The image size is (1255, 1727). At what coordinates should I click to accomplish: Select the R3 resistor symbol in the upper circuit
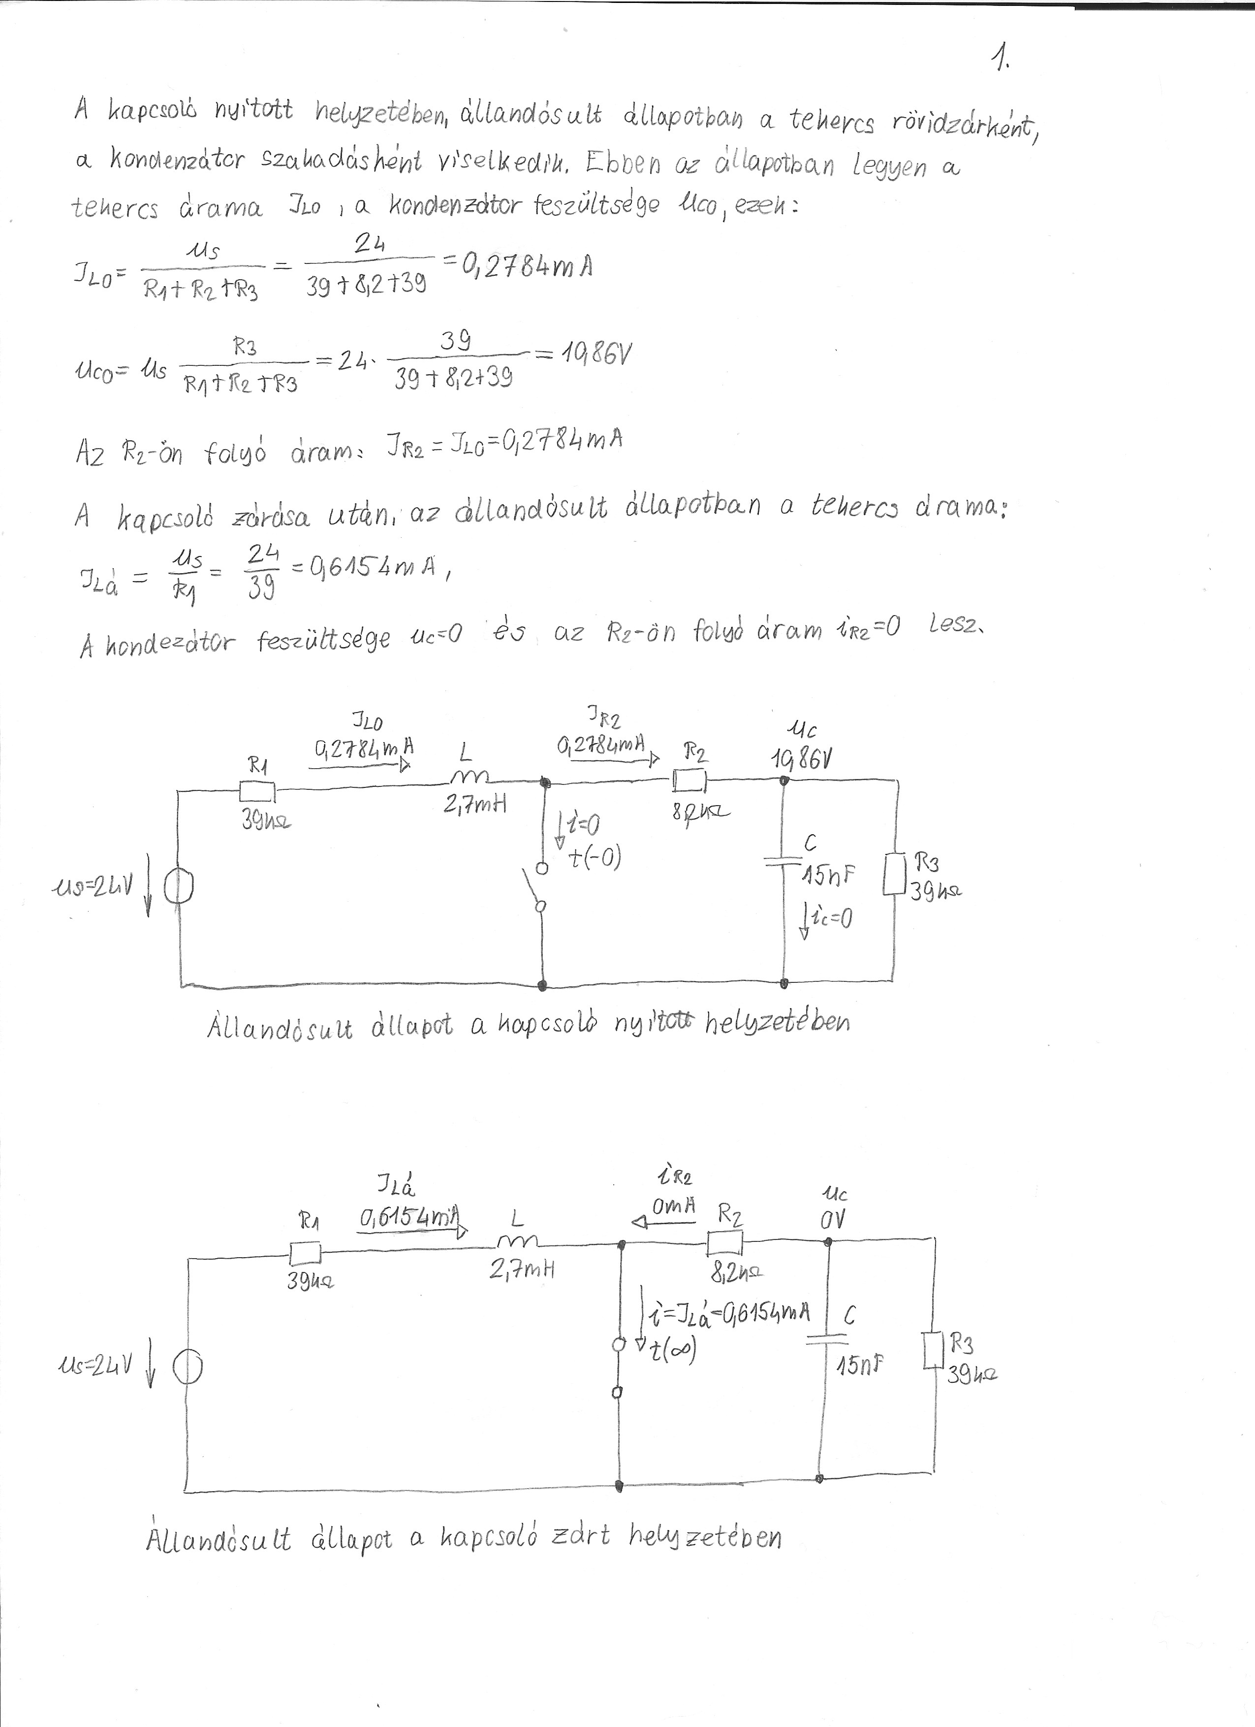895,874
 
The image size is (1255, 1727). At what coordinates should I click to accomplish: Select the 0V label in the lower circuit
833,1219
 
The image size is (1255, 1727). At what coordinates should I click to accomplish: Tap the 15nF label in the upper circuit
826,877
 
